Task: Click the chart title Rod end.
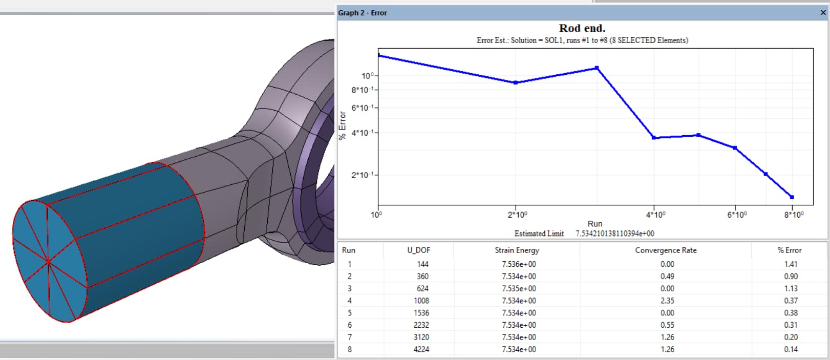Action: [582, 28]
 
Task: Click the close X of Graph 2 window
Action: [823, 13]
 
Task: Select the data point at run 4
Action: [654, 138]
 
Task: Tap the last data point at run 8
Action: [792, 197]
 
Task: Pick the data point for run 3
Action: [597, 68]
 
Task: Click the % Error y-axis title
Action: [343, 125]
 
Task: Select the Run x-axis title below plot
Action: [594, 224]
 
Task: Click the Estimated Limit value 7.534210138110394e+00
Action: [614, 234]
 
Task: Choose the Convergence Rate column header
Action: [666, 250]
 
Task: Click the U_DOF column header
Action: [418, 250]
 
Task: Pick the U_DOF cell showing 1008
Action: [421, 301]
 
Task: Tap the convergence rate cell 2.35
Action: [667, 301]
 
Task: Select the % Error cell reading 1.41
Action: [791, 264]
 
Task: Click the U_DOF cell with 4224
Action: [421, 349]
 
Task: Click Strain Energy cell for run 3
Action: [519, 288]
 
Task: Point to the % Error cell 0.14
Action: [791, 349]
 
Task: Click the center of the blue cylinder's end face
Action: [48, 261]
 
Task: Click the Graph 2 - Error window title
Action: [363, 13]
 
